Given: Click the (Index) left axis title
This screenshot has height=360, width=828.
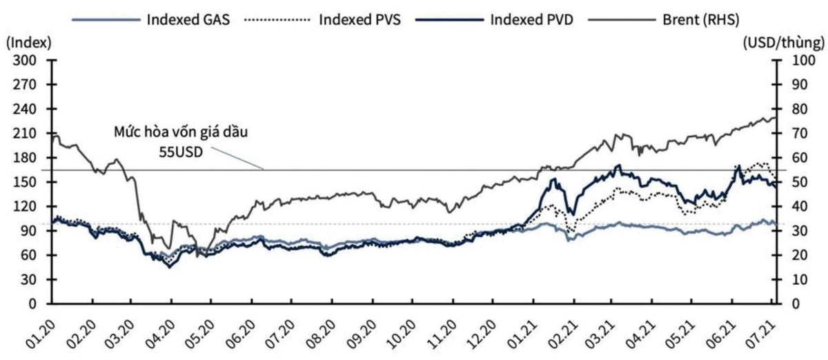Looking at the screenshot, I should pyautogui.click(x=28, y=43).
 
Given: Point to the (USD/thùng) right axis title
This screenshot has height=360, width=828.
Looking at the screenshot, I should pyautogui.click(x=784, y=43).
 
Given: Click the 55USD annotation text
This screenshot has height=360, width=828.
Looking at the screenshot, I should pyautogui.click(x=181, y=150).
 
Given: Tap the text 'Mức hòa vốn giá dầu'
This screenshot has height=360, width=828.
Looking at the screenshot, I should pyautogui.click(x=181, y=132).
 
